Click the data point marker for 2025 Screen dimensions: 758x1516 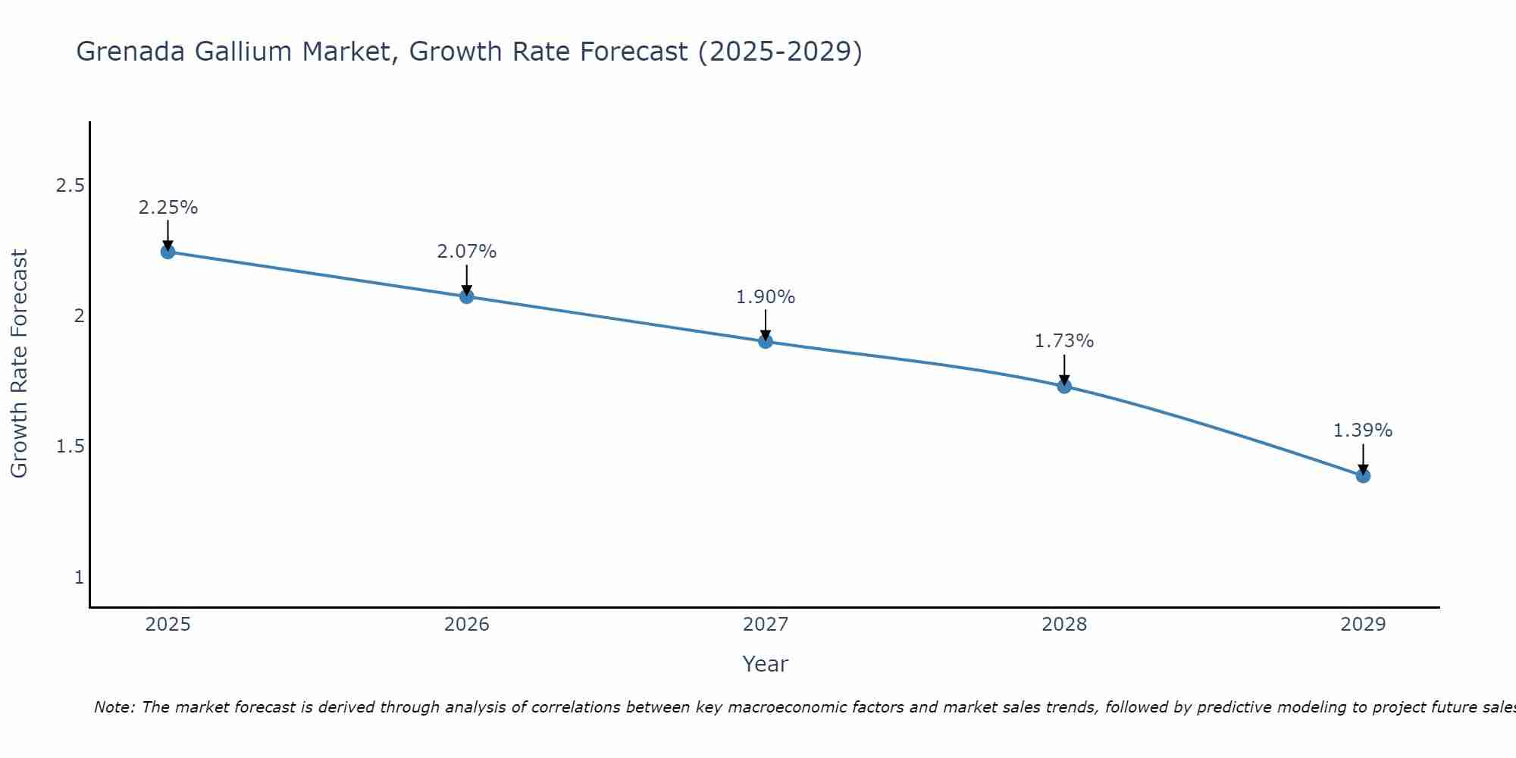pyautogui.click(x=168, y=252)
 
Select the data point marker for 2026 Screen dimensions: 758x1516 pyautogui.click(x=467, y=296)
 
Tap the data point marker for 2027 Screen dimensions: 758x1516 pyautogui.click(x=766, y=341)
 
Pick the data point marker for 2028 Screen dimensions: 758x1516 pyautogui.click(x=1064, y=386)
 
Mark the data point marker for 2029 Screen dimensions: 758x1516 pyautogui.click(x=1363, y=475)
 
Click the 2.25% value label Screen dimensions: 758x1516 pyautogui.click(x=168, y=208)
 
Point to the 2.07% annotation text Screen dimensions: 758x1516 pyautogui.click(x=467, y=252)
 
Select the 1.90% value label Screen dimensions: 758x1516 pyautogui.click(x=766, y=297)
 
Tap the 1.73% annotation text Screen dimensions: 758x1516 pyautogui.click(x=1064, y=341)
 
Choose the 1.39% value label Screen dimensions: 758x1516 pyautogui.click(x=1363, y=431)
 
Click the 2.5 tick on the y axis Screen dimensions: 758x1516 pyautogui.click(x=70, y=186)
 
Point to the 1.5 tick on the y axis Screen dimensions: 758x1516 pyautogui.click(x=70, y=446)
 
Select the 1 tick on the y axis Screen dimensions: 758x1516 pyautogui.click(x=79, y=578)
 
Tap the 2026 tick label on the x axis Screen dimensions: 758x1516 pyautogui.click(x=467, y=625)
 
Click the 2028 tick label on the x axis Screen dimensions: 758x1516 pyautogui.click(x=1064, y=625)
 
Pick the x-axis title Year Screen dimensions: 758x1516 pyautogui.click(x=766, y=664)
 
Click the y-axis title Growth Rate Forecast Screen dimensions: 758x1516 pyautogui.click(x=19, y=364)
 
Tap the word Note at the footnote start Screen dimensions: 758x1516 pyautogui.click(x=113, y=707)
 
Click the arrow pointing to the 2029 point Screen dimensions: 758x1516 pyautogui.click(x=1363, y=459)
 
